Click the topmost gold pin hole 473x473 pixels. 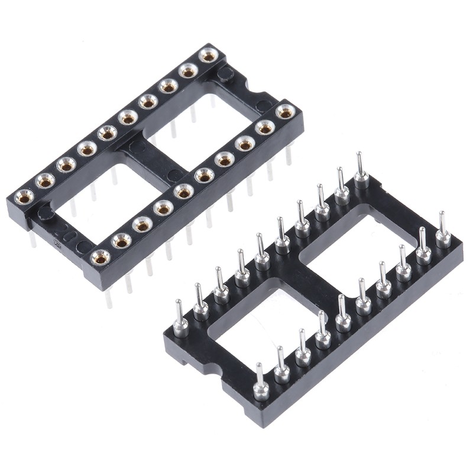click(x=208, y=56)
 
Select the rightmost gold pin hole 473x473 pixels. click(x=286, y=111)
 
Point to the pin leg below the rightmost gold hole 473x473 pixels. click(x=289, y=155)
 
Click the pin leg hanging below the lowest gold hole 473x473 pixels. click(x=108, y=299)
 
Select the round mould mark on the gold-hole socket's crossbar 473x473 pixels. click(x=174, y=175)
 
